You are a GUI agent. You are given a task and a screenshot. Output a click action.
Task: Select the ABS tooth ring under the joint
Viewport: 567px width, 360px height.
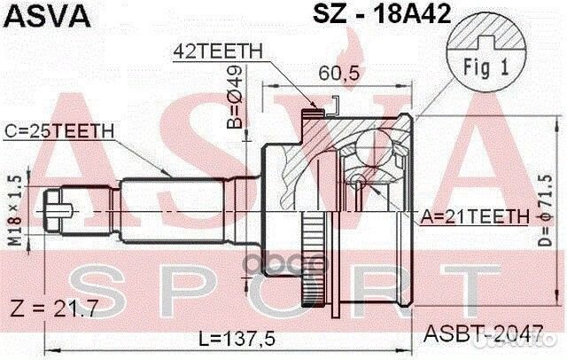tap(315, 267)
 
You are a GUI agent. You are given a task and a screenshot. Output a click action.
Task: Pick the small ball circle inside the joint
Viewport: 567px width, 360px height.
tap(356, 182)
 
